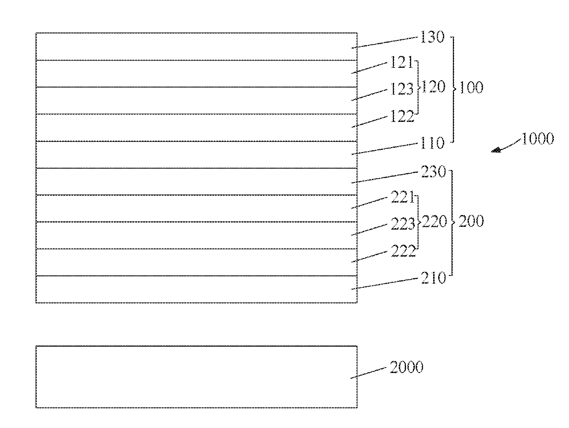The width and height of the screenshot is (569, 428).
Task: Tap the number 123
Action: click(x=402, y=89)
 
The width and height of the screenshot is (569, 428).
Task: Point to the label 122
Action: click(x=402, y=116)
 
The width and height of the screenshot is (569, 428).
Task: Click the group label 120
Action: click(x=434, y=87)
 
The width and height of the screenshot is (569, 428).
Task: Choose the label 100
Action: click(x=471, y=88)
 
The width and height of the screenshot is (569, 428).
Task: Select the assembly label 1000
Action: click(x=537, y=139)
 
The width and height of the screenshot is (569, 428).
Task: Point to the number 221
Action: click(x=402, y=198)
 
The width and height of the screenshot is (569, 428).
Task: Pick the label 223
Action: click(x=402, y=224)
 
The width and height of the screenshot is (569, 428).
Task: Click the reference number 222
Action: click(x=402, y=251)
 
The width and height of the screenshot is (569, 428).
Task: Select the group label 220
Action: click(x=434, y=222)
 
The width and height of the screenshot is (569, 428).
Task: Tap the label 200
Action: click(x=471, y=222)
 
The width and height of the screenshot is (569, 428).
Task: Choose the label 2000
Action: click(x=406, y=367)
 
